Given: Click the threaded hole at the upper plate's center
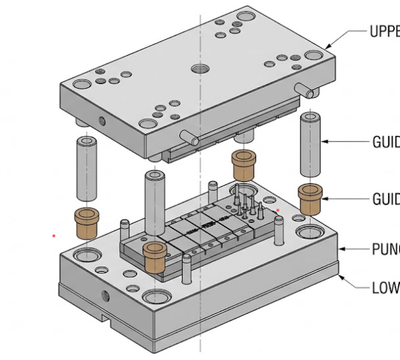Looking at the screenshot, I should (198, 68).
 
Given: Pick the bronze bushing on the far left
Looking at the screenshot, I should (87, 223).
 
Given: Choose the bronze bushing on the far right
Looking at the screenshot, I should (311, 198).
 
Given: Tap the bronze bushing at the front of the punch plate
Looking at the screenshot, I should (154, 257).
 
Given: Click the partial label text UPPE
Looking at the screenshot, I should (384, 32).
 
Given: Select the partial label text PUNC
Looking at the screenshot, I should (385, 250).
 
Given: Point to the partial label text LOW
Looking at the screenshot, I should (385, 288).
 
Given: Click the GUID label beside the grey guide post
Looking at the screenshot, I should (385, 141).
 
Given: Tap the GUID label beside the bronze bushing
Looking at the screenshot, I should (385, 199).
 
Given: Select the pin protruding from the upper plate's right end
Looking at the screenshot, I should (306, 90).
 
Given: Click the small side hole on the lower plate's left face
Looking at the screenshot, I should (103, 294).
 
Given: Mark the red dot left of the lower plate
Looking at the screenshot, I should (54, 235).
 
